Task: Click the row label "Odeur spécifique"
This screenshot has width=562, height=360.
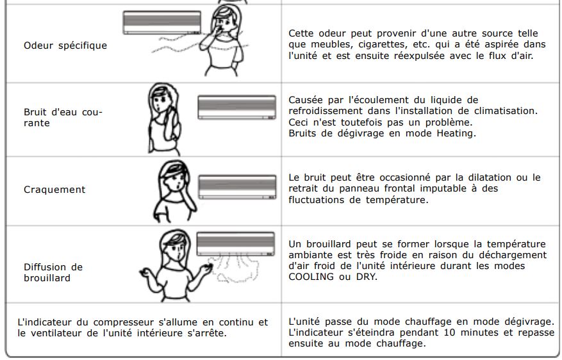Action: pyautogui.click(x=65, y=45)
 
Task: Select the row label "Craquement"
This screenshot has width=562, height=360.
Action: pyautogui.click(x=54, y=190)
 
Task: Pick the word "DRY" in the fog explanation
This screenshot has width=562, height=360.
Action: pyautogui.click(x=367, y=277)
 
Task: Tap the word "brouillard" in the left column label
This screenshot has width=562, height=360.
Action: pyautogui.click(x=47, y=278)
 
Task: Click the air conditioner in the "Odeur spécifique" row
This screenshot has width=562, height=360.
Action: pyautogui.click(x=162, y=22)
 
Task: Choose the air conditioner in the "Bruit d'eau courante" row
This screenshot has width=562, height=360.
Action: pyautogui.click(x=237, y=107)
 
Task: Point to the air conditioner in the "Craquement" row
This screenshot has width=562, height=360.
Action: pyautogui.click(x=237, y=186)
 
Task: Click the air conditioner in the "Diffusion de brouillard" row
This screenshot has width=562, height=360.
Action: pyautogui.click(x=236, y=244)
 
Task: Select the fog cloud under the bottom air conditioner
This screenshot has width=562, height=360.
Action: pyautogui.click(x=235, y=268)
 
